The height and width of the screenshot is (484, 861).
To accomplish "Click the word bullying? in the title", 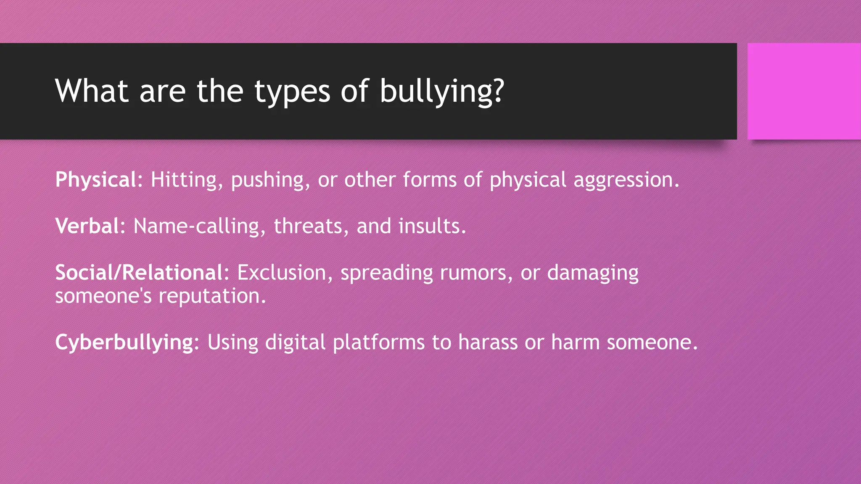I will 441,91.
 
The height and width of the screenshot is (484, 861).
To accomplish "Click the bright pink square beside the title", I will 804,91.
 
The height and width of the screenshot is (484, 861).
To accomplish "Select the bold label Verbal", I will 87,226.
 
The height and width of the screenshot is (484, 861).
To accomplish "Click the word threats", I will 308,226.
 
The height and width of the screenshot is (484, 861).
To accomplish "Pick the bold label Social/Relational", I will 139,273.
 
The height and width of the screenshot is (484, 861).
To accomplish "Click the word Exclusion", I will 282,273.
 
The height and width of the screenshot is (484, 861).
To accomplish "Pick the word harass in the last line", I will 488,342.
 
